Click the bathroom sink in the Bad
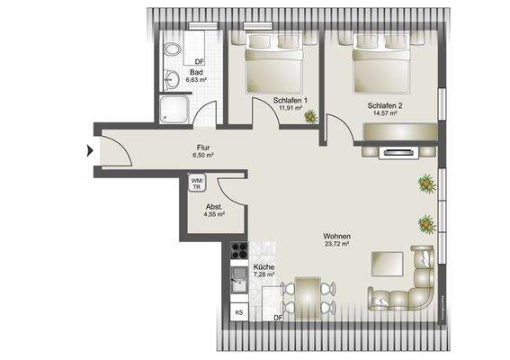(x=169, y=80)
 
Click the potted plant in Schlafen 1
(x=310, y=115)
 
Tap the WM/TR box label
(x=197, y=183)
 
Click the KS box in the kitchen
(x=238, y=311)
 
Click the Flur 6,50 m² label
(x=203, y=151)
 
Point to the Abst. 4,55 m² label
(x=213, y=211)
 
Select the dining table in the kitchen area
(x=307, y=294)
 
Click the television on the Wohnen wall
(x=397, y=152)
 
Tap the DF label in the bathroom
(x=199, y=61)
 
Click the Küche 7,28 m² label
(x=264, y=272)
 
